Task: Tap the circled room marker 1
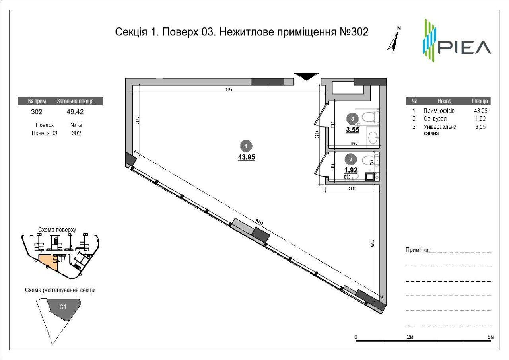tap(247, 146)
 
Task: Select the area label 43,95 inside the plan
tap(247, 157)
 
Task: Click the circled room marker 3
tap(352, 118)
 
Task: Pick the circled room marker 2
tap(350, 160)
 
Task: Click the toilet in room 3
tap(371, 117)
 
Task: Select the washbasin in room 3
tap(373, 138)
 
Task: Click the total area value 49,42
tap(75, 112)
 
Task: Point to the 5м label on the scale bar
tap(490, 337)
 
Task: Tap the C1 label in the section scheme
tap(63, 307)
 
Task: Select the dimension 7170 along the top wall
tap(228, 90)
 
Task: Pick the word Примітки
tap(417, 250)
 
